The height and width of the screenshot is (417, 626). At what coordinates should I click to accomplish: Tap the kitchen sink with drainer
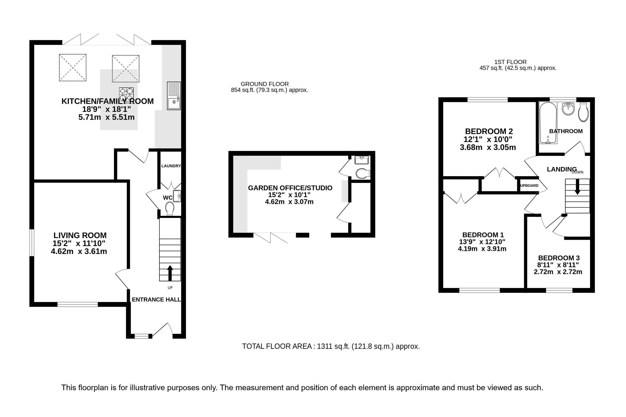tap(174, 96)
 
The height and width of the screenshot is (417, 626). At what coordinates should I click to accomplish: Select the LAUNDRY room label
tap(171, 166)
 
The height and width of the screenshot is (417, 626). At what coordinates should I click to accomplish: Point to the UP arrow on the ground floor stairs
tap(170, 273)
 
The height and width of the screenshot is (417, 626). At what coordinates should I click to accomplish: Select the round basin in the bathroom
tap(568, 109)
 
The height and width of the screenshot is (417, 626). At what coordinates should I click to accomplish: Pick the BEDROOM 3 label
tap(559, 258)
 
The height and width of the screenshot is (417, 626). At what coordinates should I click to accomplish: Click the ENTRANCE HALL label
tap(156, 300)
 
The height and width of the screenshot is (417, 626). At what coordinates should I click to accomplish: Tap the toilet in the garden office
tap(363, 174)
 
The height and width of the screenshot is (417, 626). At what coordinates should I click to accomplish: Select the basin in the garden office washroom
tap(362, 160)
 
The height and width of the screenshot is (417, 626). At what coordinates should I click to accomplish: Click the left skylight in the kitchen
tap(73, 68)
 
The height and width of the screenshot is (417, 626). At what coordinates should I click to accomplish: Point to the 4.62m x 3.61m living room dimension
tap(79, 251)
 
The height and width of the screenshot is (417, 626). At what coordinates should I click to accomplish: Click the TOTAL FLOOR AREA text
tap(331, 346)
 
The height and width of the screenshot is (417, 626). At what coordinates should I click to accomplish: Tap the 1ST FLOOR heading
tap(510, 62)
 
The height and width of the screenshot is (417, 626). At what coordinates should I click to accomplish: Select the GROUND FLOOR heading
tap(265, 84)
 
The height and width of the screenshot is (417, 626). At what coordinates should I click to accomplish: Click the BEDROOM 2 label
tap(489, 131)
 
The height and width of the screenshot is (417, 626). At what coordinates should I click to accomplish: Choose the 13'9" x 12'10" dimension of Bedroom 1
tap(482, 242)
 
